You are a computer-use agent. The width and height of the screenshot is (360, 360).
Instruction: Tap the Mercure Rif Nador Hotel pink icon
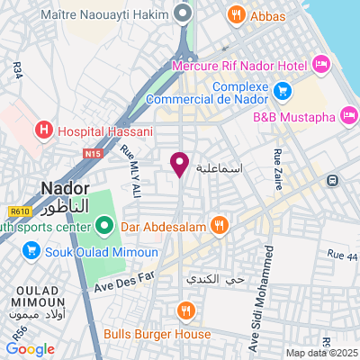pyautogui.click(x=322, y=64)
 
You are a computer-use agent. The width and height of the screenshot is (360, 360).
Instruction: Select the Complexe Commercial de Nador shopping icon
pyautogui.click(x=283, y=90)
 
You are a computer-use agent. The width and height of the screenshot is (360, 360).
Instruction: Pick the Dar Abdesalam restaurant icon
pyautogui.click(x=217, y=223)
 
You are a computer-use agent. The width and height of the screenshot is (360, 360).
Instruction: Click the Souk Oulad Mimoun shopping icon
pyautogui.click(x=28, y=250)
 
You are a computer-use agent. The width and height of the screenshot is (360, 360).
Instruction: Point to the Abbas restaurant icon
pyautogui.click(x=236, y=14)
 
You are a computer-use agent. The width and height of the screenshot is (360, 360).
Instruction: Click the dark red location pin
pyautogui.click(x=179, y=163)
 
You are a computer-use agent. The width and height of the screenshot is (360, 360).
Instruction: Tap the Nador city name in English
pyautogui.click(x=66, y=188)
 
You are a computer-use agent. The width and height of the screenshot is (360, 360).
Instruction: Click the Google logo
pyautogui.click(x=30, y=349)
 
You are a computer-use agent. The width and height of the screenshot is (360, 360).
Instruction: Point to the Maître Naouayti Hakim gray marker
pyautogui.click(x=183, y=14)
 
